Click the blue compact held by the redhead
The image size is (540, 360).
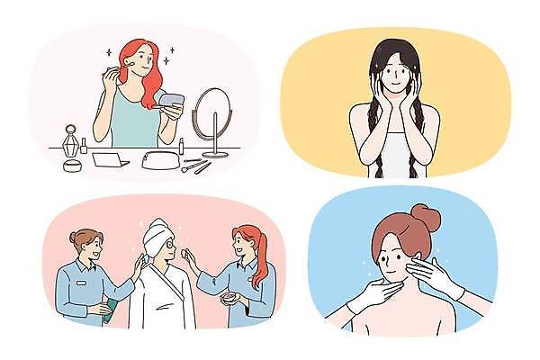click(170, 100)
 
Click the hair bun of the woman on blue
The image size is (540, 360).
click(424, 216)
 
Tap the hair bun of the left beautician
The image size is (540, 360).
click(75, 236)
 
